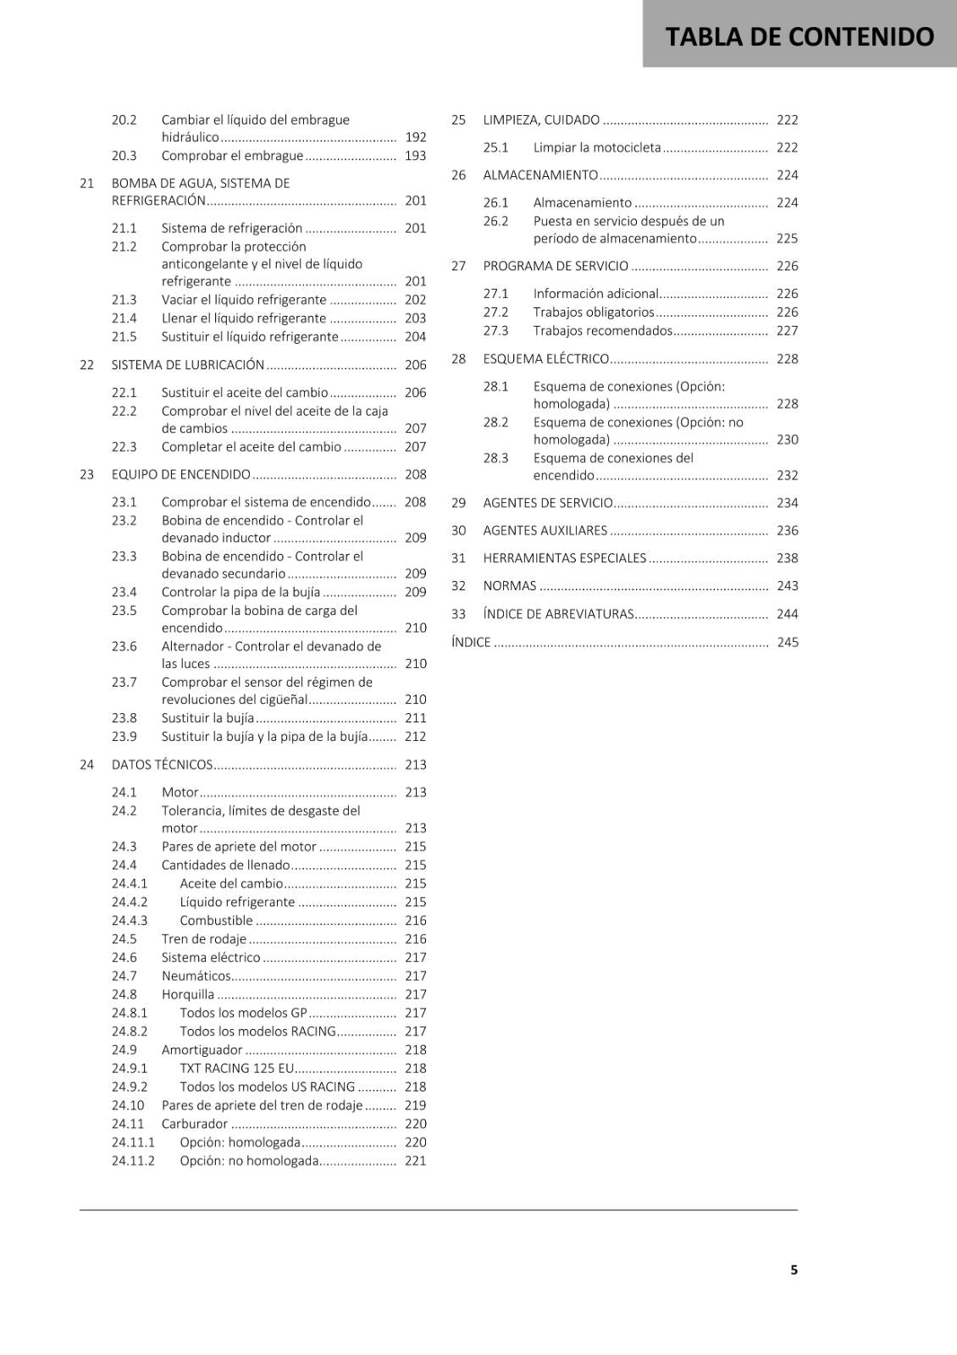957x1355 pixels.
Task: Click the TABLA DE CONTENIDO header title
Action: click(799, 36)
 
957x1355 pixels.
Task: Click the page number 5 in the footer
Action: click(794, 1269)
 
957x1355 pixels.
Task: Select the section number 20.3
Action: click(124, 156)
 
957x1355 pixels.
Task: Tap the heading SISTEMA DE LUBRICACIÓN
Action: click(188, 365)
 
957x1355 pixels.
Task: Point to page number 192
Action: click(415, 137)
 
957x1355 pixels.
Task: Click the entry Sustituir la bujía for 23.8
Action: click(207, 718)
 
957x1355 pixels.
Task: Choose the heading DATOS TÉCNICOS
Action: click(162, 765)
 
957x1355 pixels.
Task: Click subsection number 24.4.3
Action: click(129, 921)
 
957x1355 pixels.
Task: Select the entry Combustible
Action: click(216, 921)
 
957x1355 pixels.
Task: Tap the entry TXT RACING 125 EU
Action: click(237, 1069)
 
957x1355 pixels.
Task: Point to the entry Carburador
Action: click(195, 1124)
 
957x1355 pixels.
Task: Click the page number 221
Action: click(415, 1161)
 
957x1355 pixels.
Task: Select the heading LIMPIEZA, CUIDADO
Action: click(541, 120)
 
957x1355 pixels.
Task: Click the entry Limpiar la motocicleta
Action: click(597, 147)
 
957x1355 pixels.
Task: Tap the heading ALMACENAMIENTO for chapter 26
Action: click(540, 175)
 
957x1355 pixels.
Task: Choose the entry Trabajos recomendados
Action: click(603, 331)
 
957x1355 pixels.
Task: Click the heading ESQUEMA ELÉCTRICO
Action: click(546, 359)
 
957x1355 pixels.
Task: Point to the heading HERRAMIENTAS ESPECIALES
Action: click(565, 558)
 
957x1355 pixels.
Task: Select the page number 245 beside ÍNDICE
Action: click(788, 642)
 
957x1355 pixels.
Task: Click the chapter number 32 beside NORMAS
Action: click(458, 586)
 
